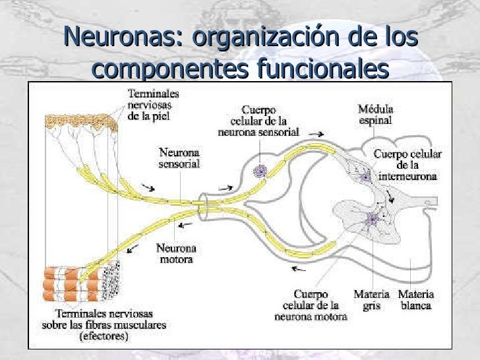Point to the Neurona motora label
[x=175, y=254]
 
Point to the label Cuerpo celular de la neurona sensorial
[x=258, y=121]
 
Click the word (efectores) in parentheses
[x=104, y=336]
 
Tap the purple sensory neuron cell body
[x=260, y=171]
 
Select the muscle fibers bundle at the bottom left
[x=73, y=284]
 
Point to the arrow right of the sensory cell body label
[x=317, y=134]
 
